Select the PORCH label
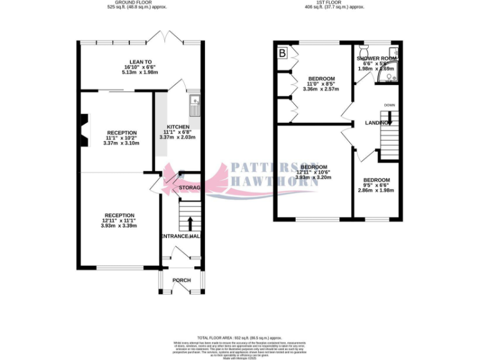click(181, 280)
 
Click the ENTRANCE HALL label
click(181, 236)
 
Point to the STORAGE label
click(189, 187)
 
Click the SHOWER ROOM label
click(376, 58)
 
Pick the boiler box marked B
click(282, 54)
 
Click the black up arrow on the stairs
click(189, 222)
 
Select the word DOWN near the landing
click(389, 105)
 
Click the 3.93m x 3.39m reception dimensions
click(119, 226)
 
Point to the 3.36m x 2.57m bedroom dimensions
click(321, 89)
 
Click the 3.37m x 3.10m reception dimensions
click(121, 143)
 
